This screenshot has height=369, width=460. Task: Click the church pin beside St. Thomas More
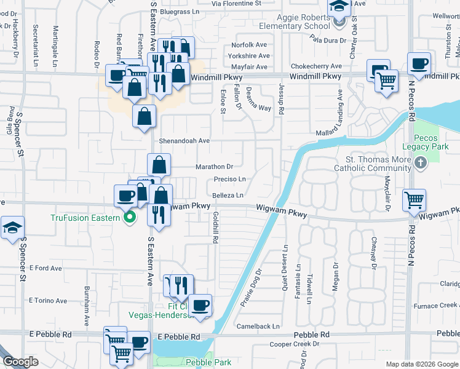click(421, 163)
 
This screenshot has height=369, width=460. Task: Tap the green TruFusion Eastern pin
click(129, 217)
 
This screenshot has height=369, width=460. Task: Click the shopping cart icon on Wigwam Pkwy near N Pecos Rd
click(414, 199)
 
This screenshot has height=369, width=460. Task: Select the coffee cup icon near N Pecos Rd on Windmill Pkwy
click(419, 63)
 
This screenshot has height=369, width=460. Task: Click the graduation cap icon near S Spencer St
click(12, 228)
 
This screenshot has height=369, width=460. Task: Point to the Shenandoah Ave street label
click(185, 141)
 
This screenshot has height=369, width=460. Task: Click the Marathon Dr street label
click(214, 167)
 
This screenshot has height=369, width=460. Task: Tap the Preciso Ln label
click(229, 180)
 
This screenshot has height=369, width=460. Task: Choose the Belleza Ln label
click(228, 194)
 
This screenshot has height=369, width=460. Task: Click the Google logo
click(21, 362)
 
